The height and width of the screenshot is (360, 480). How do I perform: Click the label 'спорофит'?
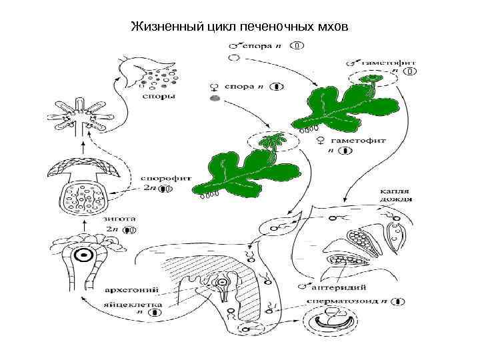[158, 179]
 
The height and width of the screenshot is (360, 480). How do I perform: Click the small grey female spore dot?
[215, 98]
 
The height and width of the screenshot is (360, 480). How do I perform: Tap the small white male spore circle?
[233, 59]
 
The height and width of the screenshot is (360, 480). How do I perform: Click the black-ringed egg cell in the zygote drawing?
[83, 255]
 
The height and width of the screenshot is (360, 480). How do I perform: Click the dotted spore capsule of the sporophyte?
[83, 197]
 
